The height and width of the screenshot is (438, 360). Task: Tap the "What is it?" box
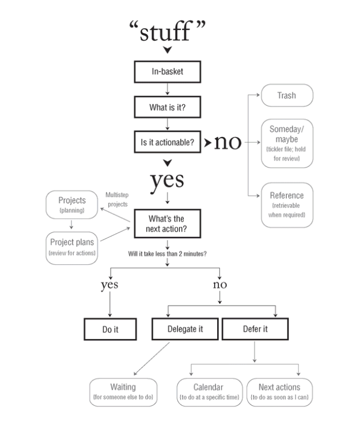click(x=167, y=106)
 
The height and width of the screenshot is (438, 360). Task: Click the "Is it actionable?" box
click(x=167, y=142)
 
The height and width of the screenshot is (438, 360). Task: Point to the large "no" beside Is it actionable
click(x=228, y=142)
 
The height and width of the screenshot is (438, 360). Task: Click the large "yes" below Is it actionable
click(x=167, y=180)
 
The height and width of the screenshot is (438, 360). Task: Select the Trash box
click(x=287, y=96)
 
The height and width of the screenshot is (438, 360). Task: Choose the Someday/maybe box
click(x=287, y=143)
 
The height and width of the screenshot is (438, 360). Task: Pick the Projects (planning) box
click(x=73, y=204)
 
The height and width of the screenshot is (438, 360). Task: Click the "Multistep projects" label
click(x=118, y=200)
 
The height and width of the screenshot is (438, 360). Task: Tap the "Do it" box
click(x=110, y=330)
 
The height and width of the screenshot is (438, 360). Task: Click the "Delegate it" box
click(x=185, y=330)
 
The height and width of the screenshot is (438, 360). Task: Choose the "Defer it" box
click(x=254, y=330)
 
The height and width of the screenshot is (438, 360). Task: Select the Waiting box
click(x=123, y=391)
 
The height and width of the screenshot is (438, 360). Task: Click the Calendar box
click(x=209, y=391)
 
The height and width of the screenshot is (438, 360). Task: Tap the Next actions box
click(x=280, y=391)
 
